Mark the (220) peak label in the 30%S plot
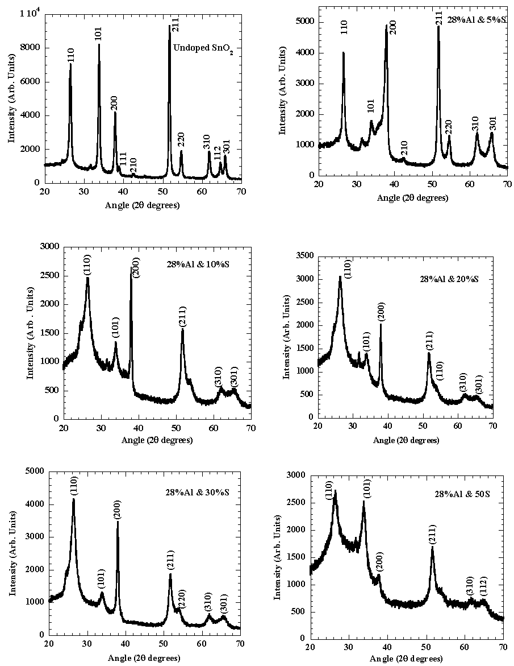coord(182,599)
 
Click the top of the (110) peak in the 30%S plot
coord(73,499)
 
